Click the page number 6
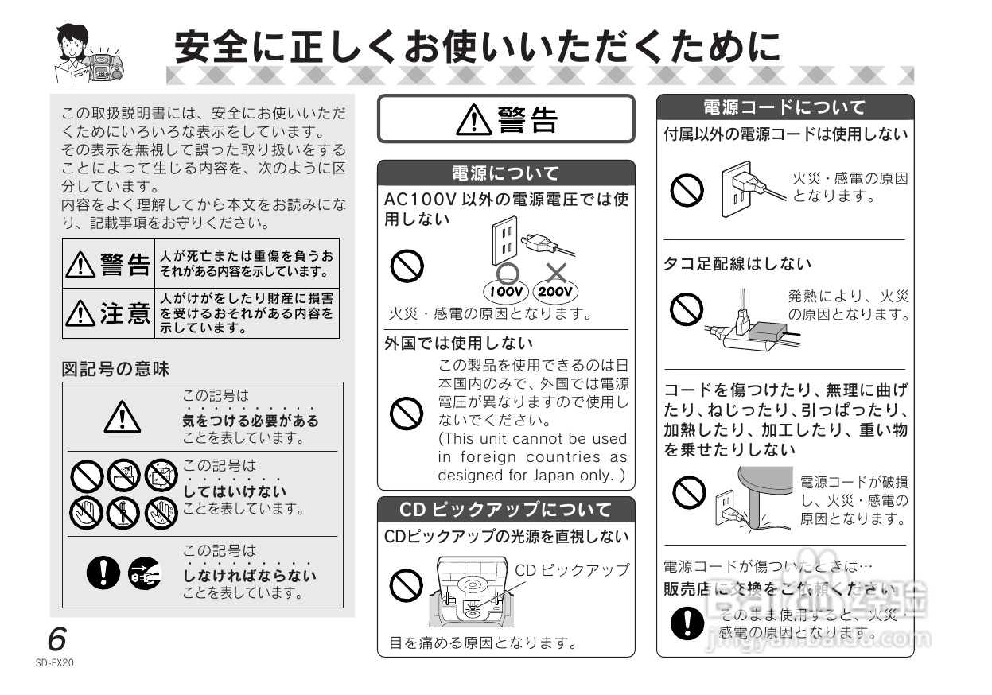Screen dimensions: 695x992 [x=56, y=639]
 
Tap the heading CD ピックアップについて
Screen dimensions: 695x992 [x=505, y=509]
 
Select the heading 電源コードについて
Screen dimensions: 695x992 [x=784, y=107]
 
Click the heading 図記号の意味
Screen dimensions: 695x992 [x=115, y=369]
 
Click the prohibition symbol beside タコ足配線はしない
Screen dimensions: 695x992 [x=686, y=309]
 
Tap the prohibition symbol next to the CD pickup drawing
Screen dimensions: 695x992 [x=406, y=586]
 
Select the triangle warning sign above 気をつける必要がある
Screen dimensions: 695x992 [x=122, y=415]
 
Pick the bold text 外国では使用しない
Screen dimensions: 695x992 [x=458, y=344]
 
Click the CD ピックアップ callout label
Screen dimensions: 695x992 [x=572, y=570]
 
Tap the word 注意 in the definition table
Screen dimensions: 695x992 [x=125, y=314]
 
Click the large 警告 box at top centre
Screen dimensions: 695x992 [x=505, y=119]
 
